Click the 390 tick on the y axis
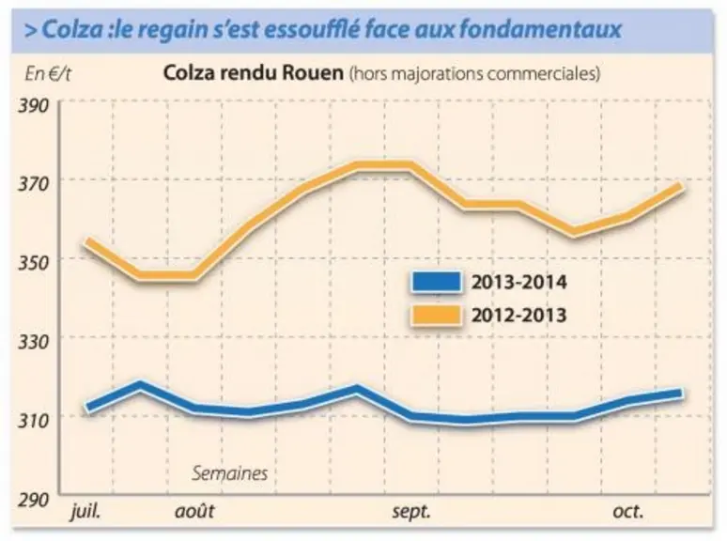[34, 106]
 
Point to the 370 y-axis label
[34, 184]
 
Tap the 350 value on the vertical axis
[34, 263]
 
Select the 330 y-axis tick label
[34, 342]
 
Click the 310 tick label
[34, 421]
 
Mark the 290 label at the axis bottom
[34, 500]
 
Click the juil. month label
[85, 511]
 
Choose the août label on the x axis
[194, 511]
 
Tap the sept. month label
[411, 512]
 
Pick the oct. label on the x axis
[628, 511]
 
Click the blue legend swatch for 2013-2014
[436, 282]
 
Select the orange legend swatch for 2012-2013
[436, 316]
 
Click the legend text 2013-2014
[519, 282]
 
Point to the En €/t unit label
[48, 74]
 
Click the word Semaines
[230, 473]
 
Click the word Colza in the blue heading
[72, 29]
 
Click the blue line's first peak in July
[140, 385]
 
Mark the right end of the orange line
[680, 186]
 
